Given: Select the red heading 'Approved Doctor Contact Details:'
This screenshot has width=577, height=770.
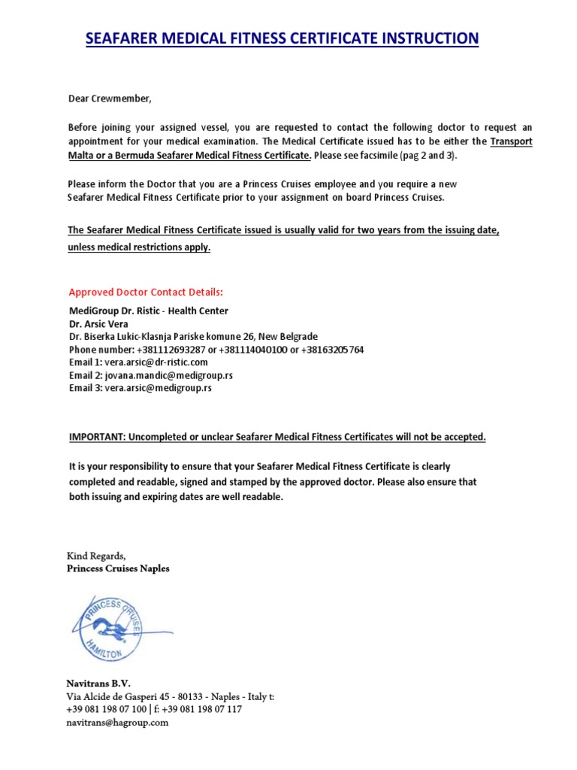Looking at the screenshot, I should pyautogui.click(x=146, y=292).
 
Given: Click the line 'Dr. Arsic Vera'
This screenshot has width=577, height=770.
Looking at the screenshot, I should pyautogui.click(x=99, y=323).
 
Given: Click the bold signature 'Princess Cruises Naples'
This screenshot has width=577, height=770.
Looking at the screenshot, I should pyautogui.click(x=119, y=568).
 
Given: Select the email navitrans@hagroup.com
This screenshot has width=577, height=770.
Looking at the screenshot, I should pyautogui.click(x=119, y=723).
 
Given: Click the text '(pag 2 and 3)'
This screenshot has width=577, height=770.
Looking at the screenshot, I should pyautogui.click(x=428, y=156).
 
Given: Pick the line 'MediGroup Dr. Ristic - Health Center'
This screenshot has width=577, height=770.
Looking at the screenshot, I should pyautogui.click(x=149, y=311).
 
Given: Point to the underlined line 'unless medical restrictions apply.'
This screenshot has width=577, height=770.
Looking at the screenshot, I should pyautogui.click(x=140, y=247).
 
